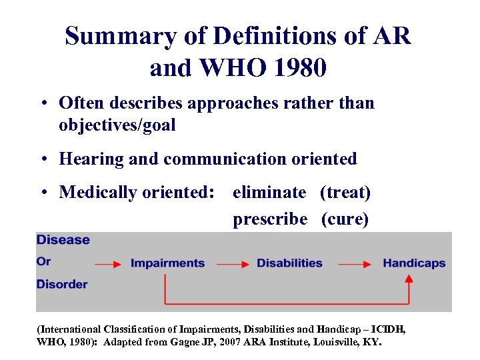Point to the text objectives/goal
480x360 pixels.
[117, 125]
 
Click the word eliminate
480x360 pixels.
[269, 193]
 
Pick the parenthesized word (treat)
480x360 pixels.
[345, 193]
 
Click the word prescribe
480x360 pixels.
[270, 219]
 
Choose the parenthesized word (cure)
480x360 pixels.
[345, 219]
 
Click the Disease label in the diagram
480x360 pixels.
[63, 240]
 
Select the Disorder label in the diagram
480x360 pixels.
[62, 285]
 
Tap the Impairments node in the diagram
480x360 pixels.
[167, 263]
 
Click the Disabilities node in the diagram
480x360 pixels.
[289, 263]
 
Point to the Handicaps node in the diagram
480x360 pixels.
[414, 263]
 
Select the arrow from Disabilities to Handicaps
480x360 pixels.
[353, 265]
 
